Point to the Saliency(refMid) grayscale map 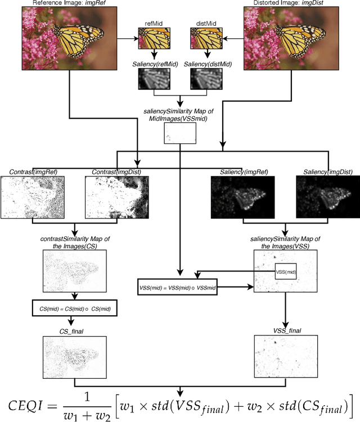154,80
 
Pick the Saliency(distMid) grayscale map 205,80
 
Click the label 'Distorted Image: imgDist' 300,3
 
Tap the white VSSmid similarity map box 179,133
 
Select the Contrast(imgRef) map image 33,197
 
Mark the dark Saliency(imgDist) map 327,197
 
